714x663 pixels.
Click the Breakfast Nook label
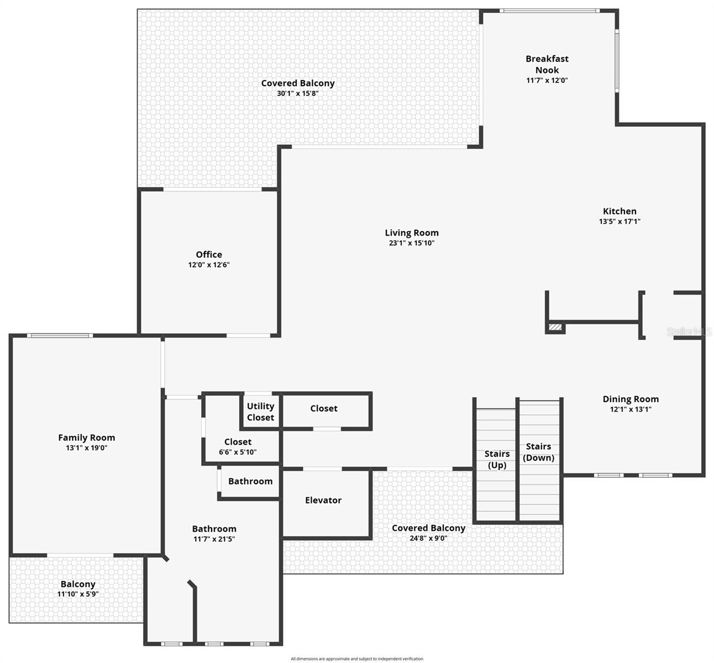pyautogui.click(x=547, y=64)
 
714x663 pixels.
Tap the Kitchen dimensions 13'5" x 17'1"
pyautogui.click(x=620, y=221)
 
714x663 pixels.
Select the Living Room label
pyautogui.click(x=412, y=233)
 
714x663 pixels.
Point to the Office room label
pyautogui.click(x=209, y=254)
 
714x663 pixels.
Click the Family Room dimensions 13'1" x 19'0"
pyautogui.click(x=87, y=448)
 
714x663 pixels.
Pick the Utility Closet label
pyautogui.click(x=260, y=412)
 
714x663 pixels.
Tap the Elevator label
pyautogui.click(x=323, y=500)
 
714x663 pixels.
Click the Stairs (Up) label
pyautogui.click(x=497, y=459)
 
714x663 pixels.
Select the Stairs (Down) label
pyautogui.click(x=538, y=452)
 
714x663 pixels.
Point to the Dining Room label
pyautogui.click(x=631, y=399)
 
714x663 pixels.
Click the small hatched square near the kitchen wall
pyautogui.click(x=555, y=328)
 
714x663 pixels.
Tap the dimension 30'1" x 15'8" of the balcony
pyautogui.click(x=298, y=93)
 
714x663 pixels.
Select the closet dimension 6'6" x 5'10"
pyautogui.click(x=238, y=452)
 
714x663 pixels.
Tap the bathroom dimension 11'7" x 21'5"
pyautogui.click(x=214, y=539)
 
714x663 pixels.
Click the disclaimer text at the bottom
pyautogui.click(x=357, y=659)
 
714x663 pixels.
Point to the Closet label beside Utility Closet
pyautogui.click(x=324, y=408)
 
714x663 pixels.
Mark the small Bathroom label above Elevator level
pyautogui.click(x=250, y=481)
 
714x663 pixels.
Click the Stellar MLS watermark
pyautogui.click(x=689, y=331)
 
